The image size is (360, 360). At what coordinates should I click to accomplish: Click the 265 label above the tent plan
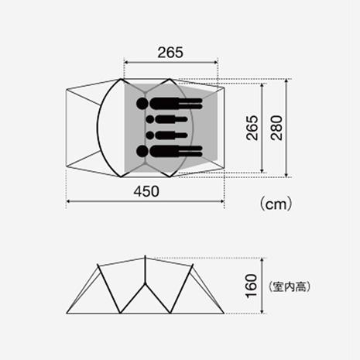pyautogui.click(x=170, y=52)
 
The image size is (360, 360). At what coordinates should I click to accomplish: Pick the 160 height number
pyautogui.click(x=250, y=286)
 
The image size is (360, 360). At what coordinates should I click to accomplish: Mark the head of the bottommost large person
pyautogui.click(x=143, y=150)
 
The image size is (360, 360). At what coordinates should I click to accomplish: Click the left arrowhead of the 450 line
pyautogui.click(x=70, y=201)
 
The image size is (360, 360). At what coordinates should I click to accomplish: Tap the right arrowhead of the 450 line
pyautogui.click(x=221, y=201)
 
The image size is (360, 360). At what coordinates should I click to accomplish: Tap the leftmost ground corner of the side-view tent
pyautogui.click(x=69, y=313)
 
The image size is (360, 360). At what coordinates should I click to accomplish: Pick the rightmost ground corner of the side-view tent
pyautogui.click(x=222, y=313)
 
